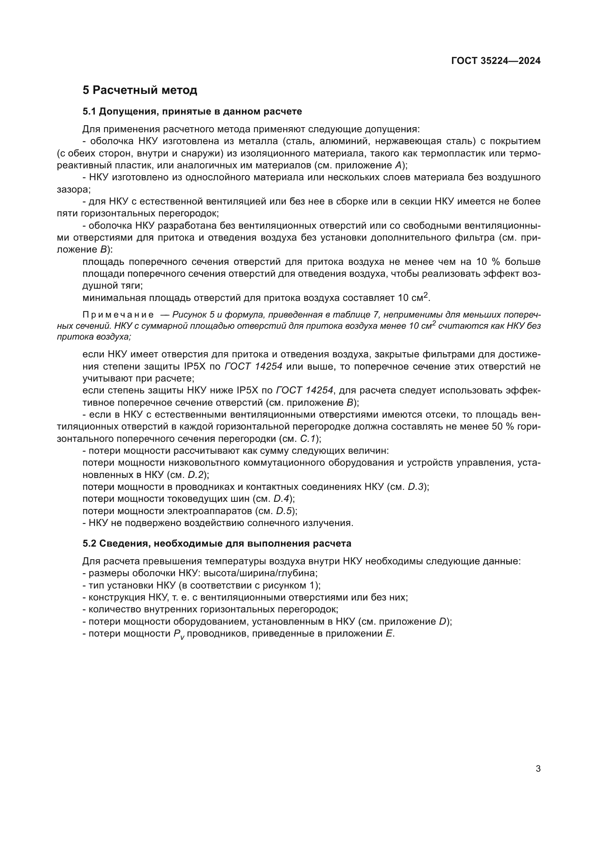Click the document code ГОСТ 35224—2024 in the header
[496, 61]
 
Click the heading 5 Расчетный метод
[140, 90]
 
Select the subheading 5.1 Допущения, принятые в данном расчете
[192, 111]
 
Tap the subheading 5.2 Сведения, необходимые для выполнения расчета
[217, 543]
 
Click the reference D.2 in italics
[196, 475]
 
